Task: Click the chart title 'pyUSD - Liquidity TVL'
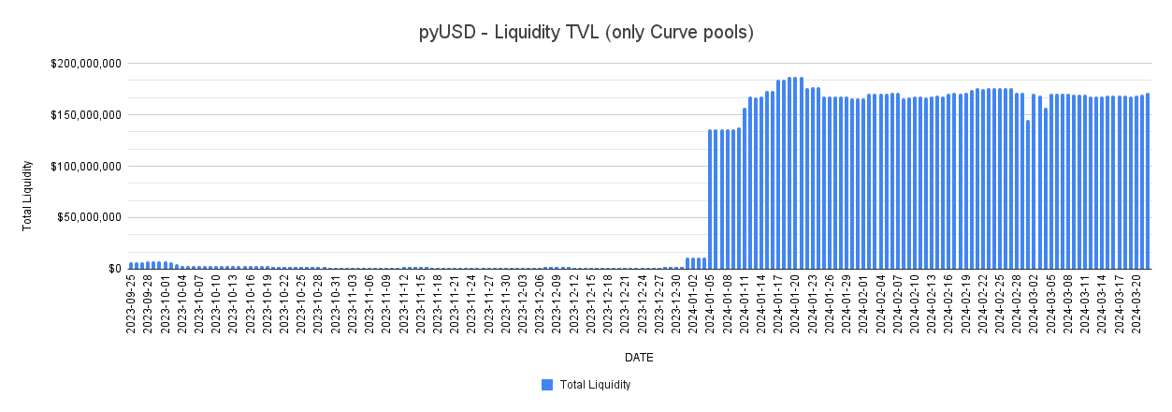(586, 33)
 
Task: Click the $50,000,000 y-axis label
(86, 217)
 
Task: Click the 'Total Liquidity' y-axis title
(28, 196)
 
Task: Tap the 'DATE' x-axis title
(640, 358)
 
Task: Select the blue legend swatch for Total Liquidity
(547, 385)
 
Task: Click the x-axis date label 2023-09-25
(132, 304)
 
